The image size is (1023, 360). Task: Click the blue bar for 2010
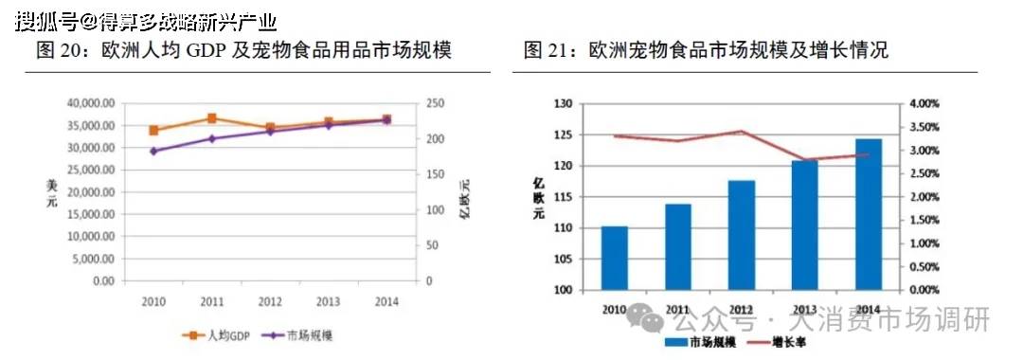coord(615,258)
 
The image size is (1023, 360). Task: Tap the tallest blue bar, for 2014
coord(869,214)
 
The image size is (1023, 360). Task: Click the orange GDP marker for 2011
coord(212,118)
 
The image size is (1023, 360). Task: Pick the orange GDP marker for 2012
coord(270,127)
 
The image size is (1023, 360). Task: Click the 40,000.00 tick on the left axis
coord(89,102)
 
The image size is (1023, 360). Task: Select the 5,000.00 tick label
coord(93,259)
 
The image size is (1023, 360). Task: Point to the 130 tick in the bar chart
coord(564,103)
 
